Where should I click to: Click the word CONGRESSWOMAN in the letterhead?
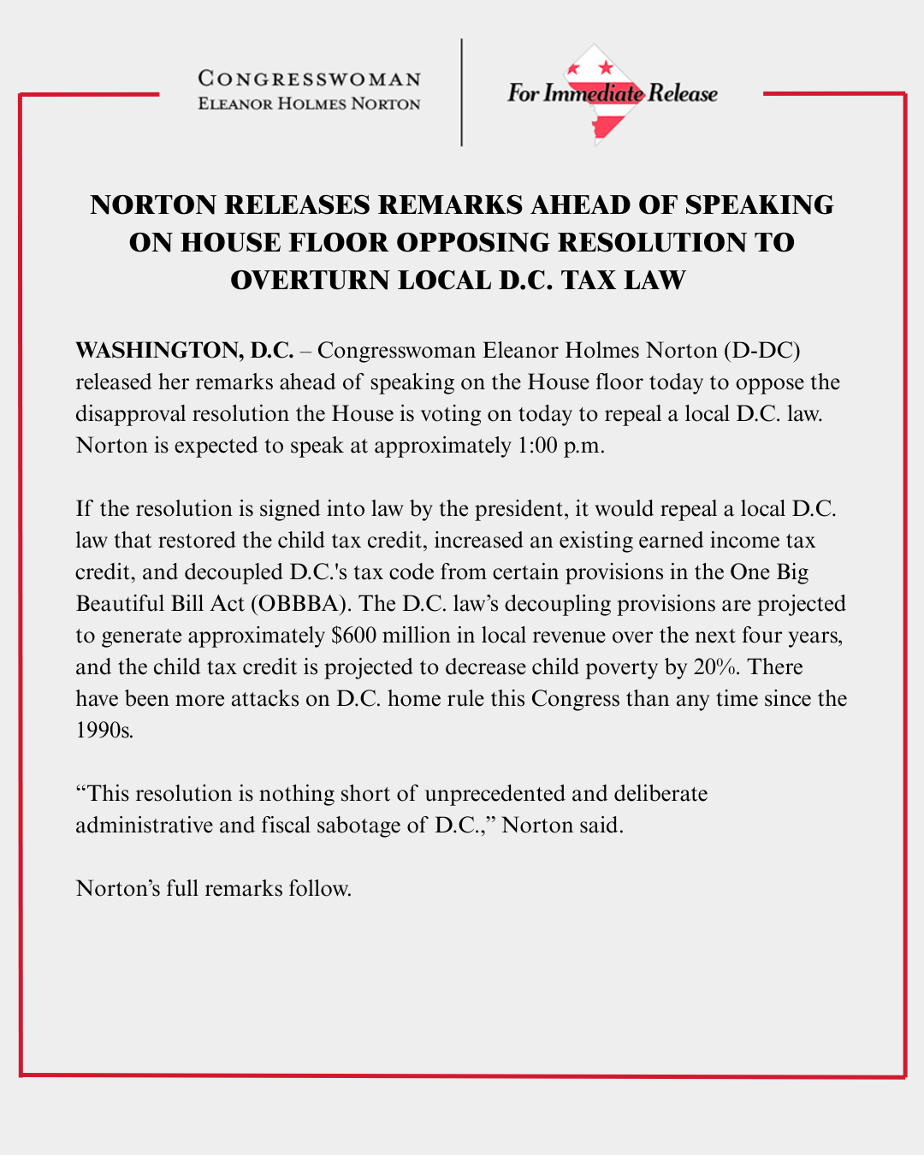(x=309, y=80)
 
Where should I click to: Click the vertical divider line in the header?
(x=462, y=92)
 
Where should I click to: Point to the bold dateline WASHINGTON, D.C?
(x=184, y=351)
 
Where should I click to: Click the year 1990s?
(x=104, y=731)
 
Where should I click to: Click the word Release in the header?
(x=683, y=93)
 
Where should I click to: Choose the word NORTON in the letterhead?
(x=386, y=104)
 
